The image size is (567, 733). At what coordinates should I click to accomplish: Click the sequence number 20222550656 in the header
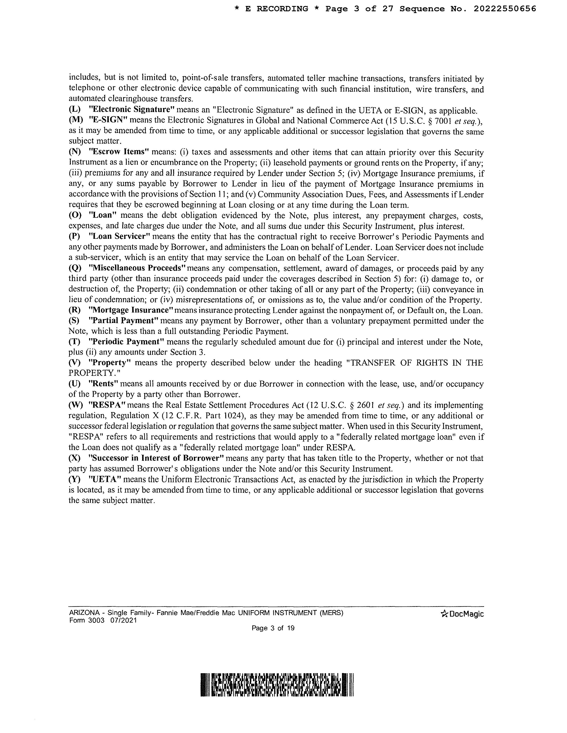click(x=505, y=9)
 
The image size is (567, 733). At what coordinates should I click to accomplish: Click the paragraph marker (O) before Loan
click(x=75, y=215)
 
